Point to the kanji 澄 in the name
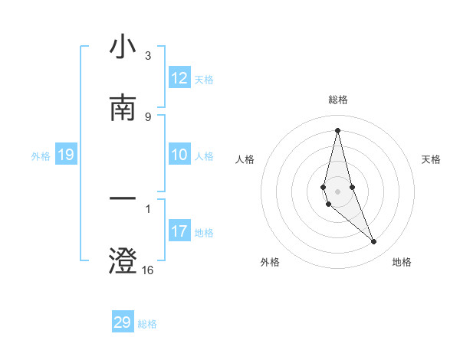(123, 260)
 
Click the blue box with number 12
(179, 79)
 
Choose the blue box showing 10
(179, 155)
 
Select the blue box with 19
(65, 155)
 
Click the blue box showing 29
(123, 322)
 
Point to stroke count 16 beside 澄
(148, 270)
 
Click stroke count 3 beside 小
(148, 56)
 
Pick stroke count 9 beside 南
(148, 116)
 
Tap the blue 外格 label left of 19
(41, 156)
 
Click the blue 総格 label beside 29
(147, 323)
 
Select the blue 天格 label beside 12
(204, 80)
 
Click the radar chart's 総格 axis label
(338, 100)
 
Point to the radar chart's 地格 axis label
(402, 262)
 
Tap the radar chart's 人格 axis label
(245, 159)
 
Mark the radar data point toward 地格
(374, 242)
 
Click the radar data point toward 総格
(337, 130)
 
